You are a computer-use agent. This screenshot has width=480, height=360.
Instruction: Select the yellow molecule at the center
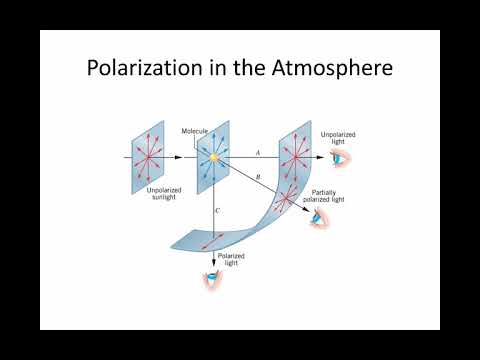213,157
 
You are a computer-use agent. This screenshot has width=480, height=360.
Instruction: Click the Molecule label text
195,131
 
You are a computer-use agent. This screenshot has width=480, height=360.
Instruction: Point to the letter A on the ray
257,152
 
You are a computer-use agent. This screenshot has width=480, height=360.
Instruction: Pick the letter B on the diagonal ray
260,178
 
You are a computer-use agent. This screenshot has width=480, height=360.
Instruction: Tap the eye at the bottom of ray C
213,280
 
